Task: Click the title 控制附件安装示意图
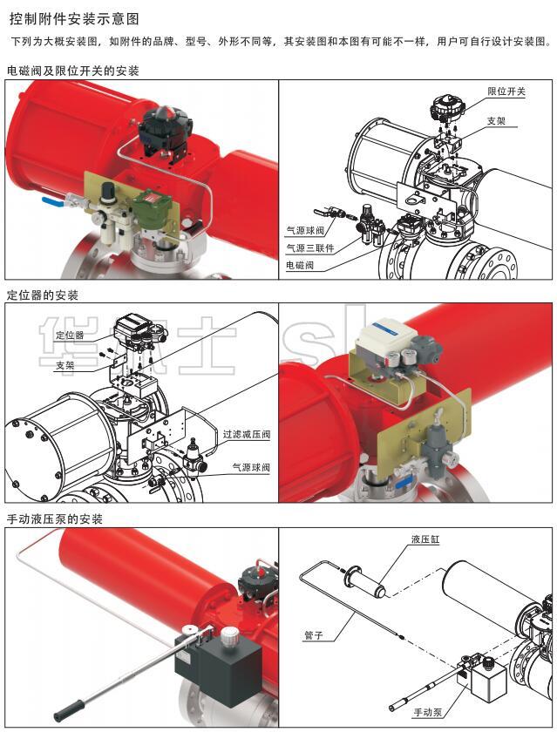(x=74, y=19)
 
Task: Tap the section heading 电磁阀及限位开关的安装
(x=73, y=71)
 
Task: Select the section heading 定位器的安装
(x=43, y=295)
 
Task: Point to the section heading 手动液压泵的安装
(x=55, y=519)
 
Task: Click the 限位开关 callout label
(x=506, y=91)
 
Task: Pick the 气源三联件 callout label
(x=310, y=247)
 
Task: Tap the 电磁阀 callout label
(x=300, y=265)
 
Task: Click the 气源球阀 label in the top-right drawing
(x=305, y=231)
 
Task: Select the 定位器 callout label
(x=70, y=335)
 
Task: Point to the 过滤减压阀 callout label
(x=247, y=434)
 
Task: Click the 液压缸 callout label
(x=425, y=539)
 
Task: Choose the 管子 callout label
(x=314, y=635)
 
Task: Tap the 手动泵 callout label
(x=428, y=713)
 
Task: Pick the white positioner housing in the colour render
(x=385, y=335)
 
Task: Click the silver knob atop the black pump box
(x=229, y=634)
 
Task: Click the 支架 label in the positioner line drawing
(x=65, y=365)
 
